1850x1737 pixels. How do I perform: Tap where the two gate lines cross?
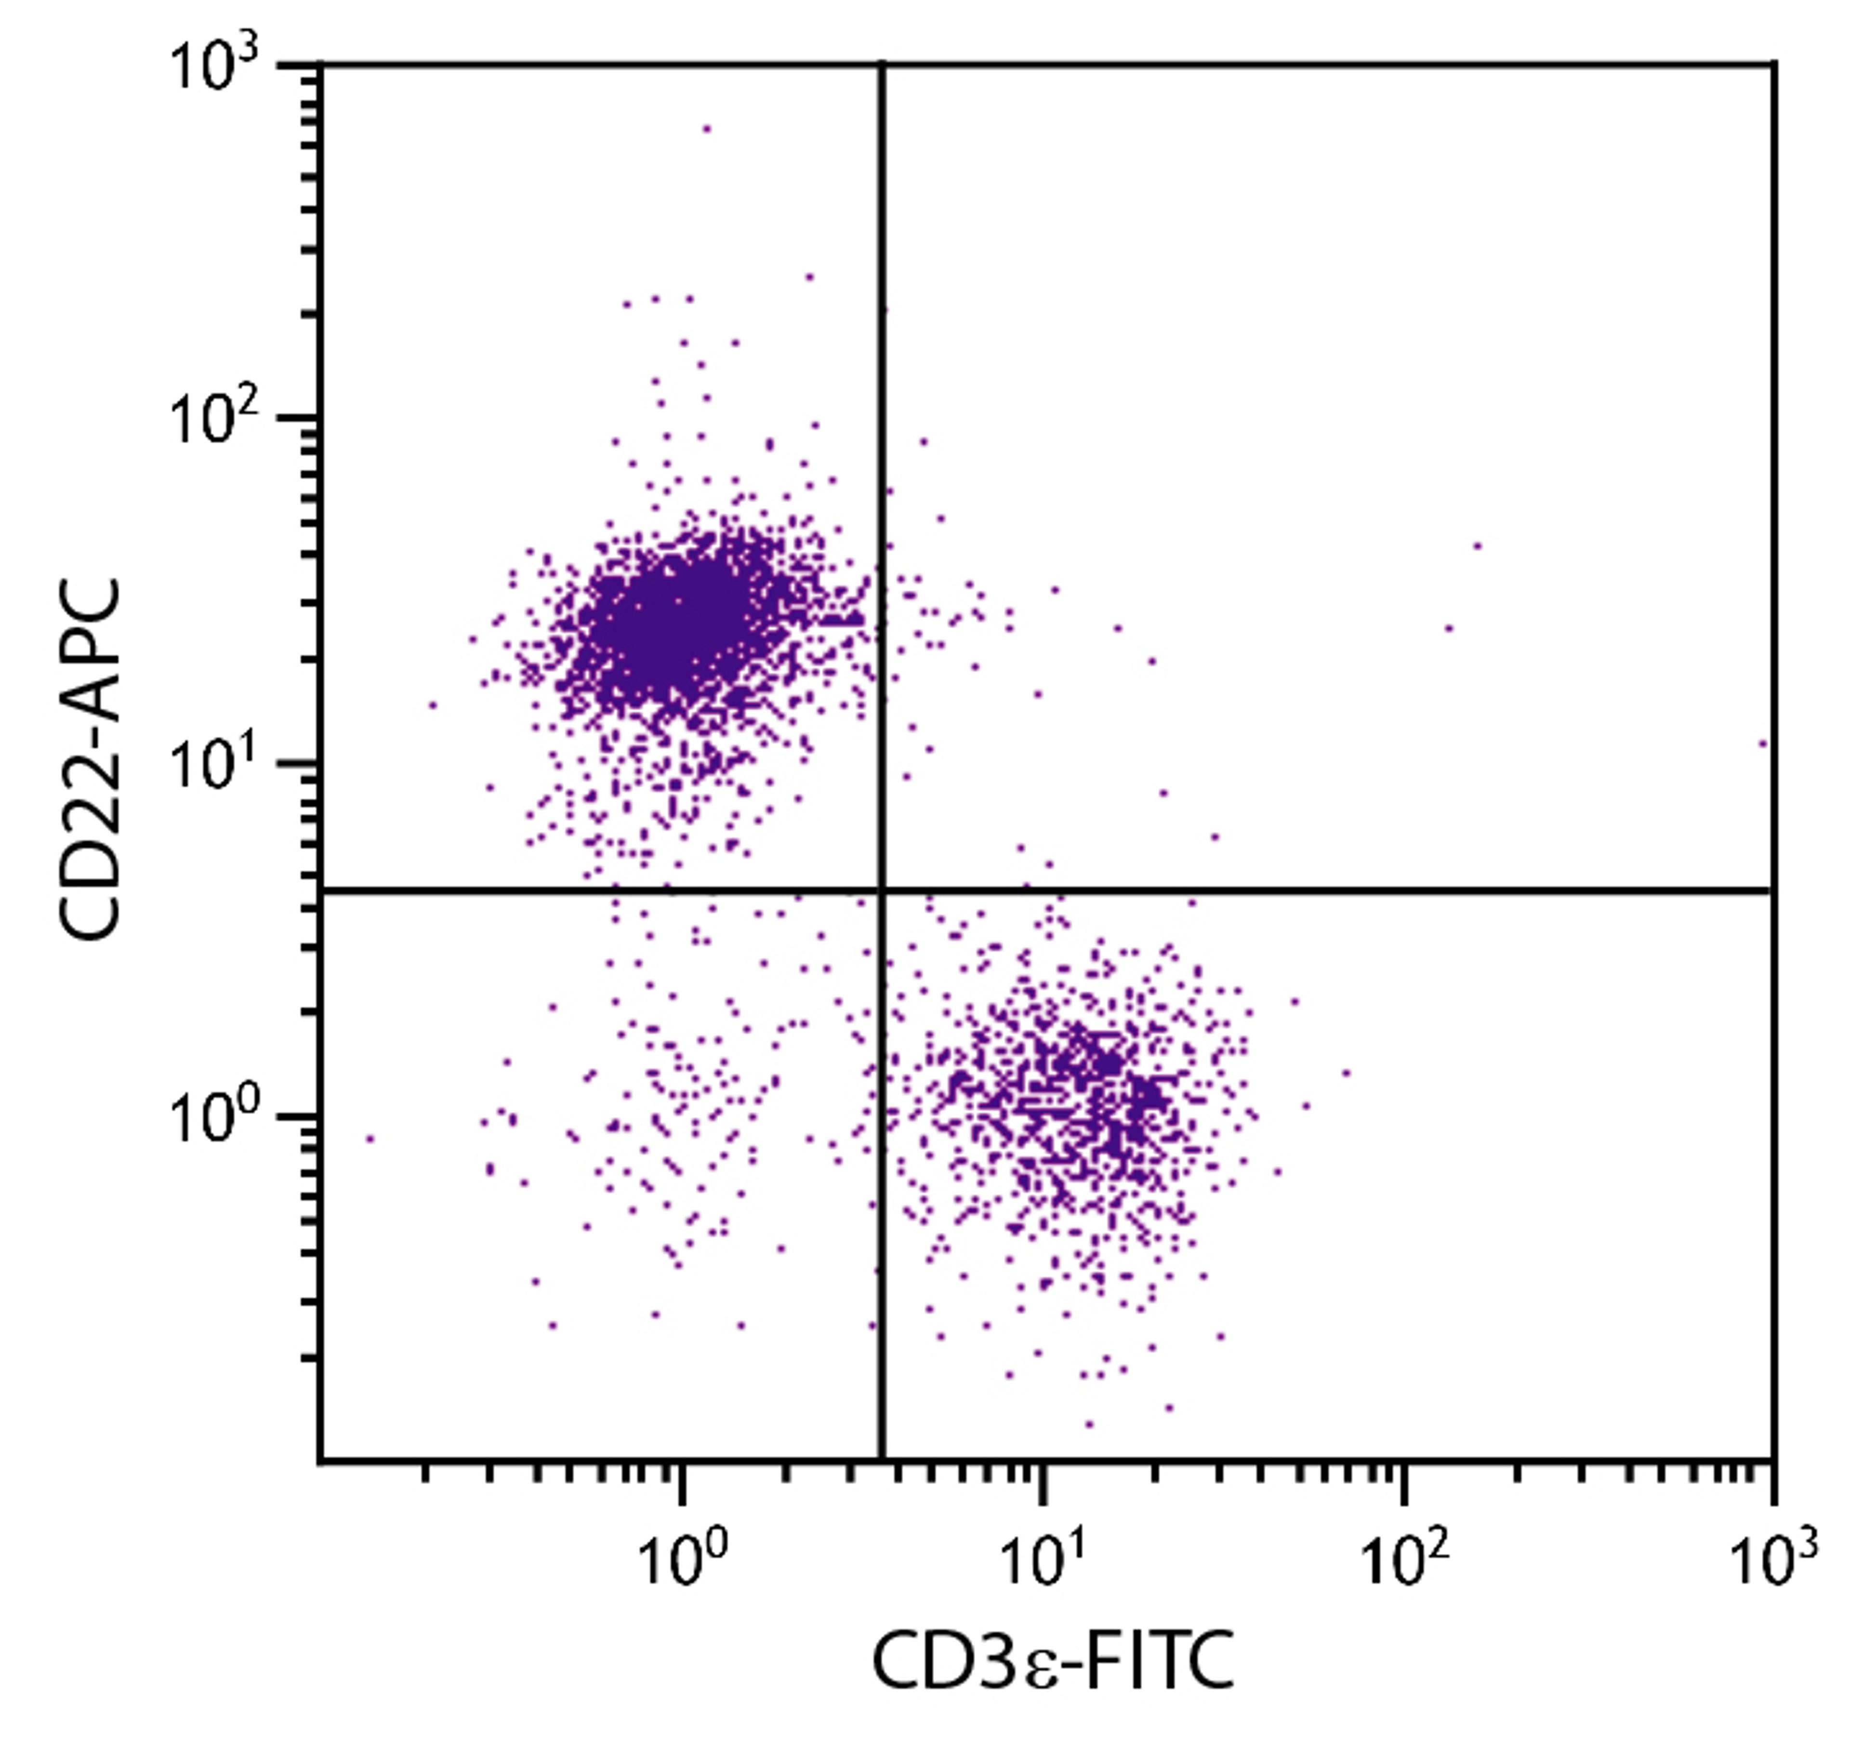coord(880,891)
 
